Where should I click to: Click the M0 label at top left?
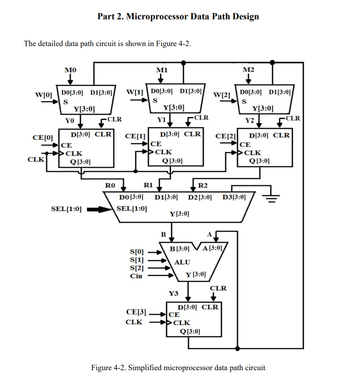tap(70, 70)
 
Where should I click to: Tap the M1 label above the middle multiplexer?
tap(161, 70)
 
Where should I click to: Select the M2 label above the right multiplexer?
tap(249, 70)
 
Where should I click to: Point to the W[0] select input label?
tap(43, 94)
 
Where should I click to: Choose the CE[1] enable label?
tap(135, 136)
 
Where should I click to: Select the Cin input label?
tap(136, 276)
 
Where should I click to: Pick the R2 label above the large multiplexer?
tap(203, 186)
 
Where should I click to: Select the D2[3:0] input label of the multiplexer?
tap(201, 198)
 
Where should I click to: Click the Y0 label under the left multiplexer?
tap(70, 119)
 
